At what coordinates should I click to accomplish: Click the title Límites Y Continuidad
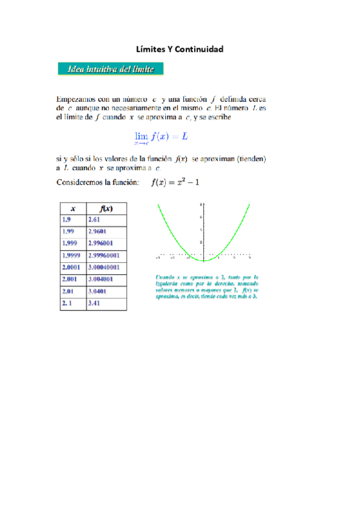(x=180, y=49)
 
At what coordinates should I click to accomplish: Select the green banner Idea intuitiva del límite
(x=111, y=69)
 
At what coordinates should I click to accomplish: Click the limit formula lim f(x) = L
(x=160, y=138)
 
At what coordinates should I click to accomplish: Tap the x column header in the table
(x=73, y=209)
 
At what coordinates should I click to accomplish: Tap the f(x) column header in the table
(x=106, y=209)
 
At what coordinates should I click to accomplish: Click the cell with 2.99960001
(x=105, y=256)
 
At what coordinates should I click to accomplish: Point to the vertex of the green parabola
(x=204, y=261)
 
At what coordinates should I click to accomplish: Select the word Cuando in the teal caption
(x=164, y=277)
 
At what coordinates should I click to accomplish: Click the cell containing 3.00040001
(x=105, y=268)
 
